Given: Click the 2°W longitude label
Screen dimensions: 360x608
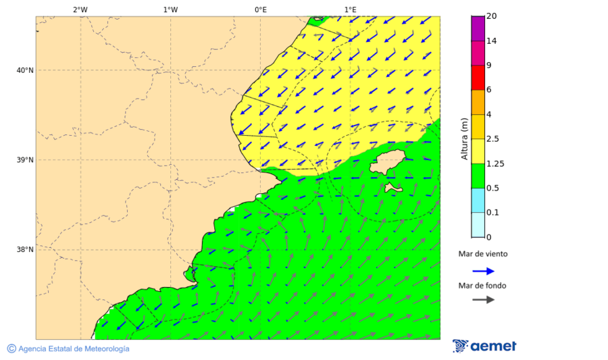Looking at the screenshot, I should (x=80, y=9).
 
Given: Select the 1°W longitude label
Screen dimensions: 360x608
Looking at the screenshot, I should (x=170, y=9).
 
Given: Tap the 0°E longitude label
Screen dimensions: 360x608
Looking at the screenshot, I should (x=260, y=9).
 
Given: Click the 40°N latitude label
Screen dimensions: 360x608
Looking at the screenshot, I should (x=24, y=70).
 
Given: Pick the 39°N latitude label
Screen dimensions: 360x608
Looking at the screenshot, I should (x=24, y=160).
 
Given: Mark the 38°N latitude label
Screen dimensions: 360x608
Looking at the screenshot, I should (x=24, y=250).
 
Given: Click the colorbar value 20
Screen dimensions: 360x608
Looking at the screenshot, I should (x=492, y=16).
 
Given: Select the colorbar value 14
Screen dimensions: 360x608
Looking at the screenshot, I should (x=492, y=41).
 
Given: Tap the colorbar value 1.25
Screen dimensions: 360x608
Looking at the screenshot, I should (x=495, y=163).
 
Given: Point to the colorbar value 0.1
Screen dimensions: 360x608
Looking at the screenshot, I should (x=493, y=213).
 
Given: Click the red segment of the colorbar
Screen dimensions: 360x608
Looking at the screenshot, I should (x=478, y=78).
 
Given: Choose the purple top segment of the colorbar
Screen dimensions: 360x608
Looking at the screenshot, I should (x=478, y=28).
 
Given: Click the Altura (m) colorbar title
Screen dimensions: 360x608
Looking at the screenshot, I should (x=464, y=138).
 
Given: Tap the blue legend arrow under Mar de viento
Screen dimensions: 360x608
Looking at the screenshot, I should (x=483, y=271).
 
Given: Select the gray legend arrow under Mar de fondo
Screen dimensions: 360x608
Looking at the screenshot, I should (x=483, y=299).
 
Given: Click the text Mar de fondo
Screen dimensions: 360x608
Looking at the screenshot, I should (x=482, y=286).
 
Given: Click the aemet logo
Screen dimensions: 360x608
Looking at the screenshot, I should (x=484, y=346).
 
